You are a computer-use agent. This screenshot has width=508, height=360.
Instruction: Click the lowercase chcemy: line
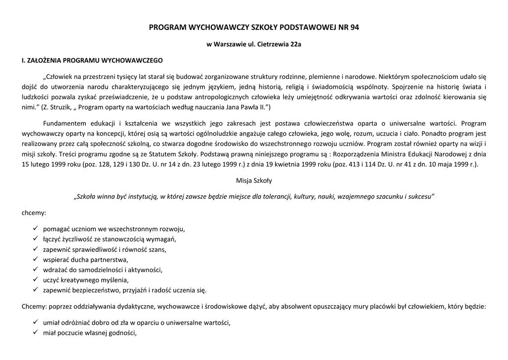click(34, 212)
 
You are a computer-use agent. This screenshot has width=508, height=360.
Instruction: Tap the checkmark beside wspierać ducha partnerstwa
click(36, 259)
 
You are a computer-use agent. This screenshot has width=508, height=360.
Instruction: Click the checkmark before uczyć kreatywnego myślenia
click(36, 280)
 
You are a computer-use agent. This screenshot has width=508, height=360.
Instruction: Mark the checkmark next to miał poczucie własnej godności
click(36, 333)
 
